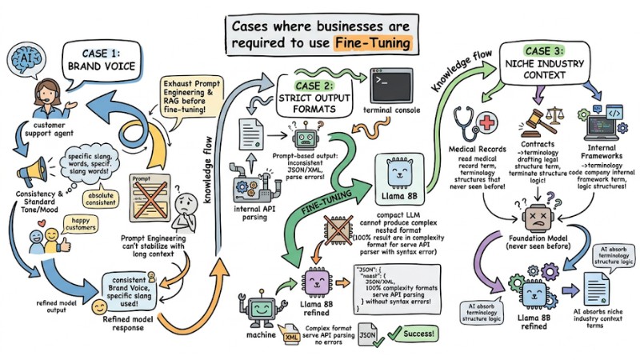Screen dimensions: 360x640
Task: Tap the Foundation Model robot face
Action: point(537,215)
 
